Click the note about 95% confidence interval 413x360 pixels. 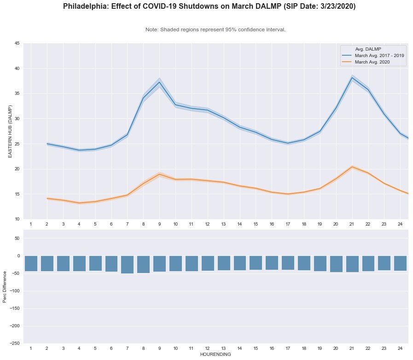(215, 29)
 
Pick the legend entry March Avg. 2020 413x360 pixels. (372, 62)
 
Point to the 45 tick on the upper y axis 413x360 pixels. (17, 44)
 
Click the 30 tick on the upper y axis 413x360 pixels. (17, 119)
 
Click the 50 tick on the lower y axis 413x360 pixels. (17, 238)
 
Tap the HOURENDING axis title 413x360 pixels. (215, 355)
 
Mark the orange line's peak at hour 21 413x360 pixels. (352, 167)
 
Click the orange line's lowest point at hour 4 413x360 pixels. (79, 203)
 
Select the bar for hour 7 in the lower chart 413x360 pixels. (127, 265)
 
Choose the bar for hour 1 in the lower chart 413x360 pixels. (31, 263)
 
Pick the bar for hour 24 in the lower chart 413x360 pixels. (400, 263)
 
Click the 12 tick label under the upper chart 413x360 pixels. (207, 224)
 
